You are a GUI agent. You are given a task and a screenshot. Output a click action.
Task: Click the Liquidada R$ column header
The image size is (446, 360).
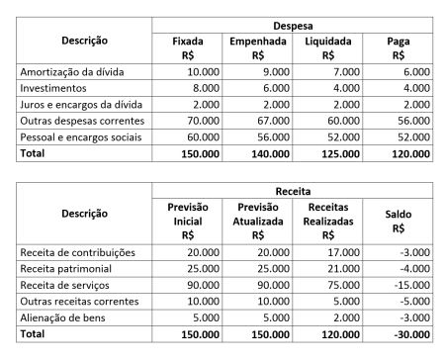tap(326, 48)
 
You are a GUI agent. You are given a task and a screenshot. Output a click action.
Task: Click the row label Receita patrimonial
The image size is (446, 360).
tap(65, 269)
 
